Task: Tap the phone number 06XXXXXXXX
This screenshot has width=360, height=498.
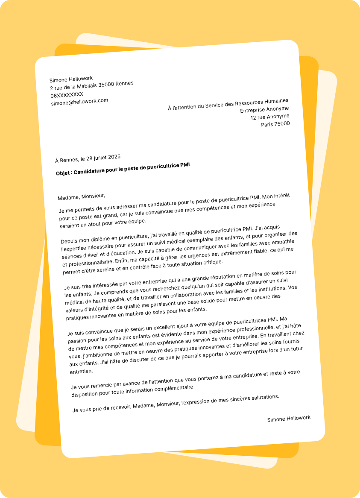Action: click(67, 94)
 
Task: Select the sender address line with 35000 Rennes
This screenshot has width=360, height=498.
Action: click(92, 85)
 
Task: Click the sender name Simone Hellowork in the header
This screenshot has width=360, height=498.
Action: click(71, 79)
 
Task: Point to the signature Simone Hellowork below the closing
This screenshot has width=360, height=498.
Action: click(289, 419)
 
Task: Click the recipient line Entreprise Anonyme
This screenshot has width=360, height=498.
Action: click(264, 109)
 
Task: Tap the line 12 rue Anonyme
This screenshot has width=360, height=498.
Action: click(269, 117)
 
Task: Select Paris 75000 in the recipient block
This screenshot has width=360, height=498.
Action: click(275, 124)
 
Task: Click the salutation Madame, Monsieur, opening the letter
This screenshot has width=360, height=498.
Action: click(81, 197)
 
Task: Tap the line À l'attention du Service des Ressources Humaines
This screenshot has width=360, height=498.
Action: click(228, 104)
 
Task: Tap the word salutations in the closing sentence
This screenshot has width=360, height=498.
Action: click(264, 397)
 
